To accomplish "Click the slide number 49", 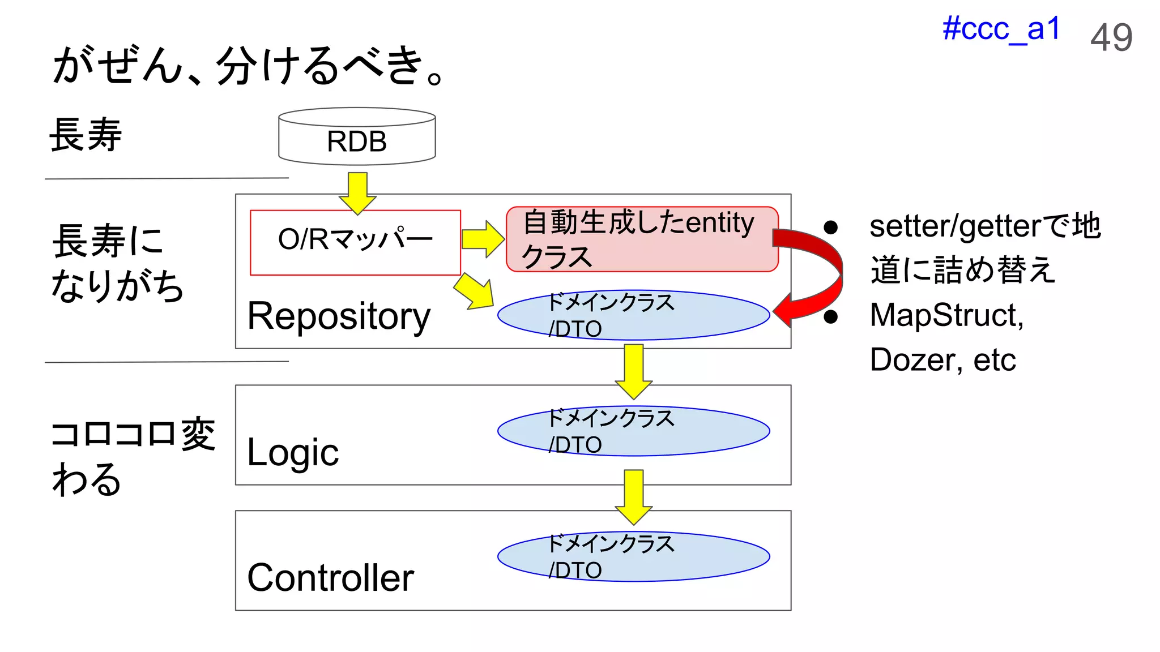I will [1111, 38].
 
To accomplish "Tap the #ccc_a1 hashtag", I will [1001, 29].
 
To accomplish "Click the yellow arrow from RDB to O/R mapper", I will [357, 193].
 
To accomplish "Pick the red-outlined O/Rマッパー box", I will [355, 242].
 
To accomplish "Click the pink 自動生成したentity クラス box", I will [642, 239].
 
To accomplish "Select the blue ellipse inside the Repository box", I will [633, 315].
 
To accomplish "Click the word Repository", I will [339, 316].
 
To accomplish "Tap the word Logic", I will [293, 453].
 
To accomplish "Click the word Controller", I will [330, 578].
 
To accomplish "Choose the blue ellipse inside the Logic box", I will [633, 431].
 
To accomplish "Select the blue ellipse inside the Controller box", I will [633, 557].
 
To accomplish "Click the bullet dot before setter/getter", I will [830, 228].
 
